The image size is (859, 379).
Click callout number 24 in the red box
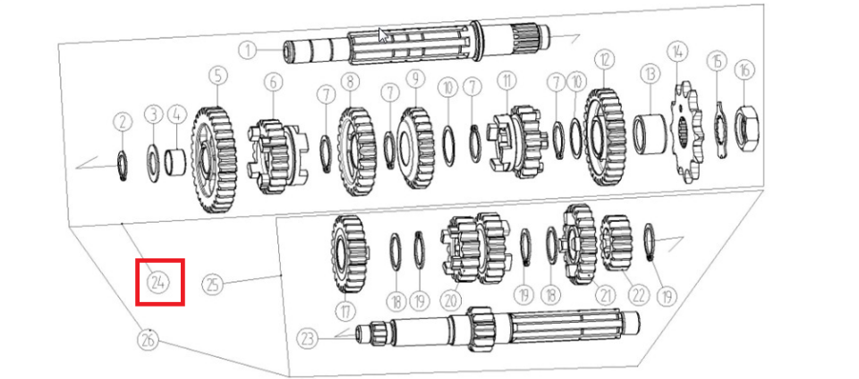pos(159,282)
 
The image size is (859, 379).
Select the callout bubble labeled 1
pos(248,51)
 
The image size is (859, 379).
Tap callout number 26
pos(147,341)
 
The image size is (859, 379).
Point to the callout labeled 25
pos(213,284)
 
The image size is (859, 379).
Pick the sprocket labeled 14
pos(685,131)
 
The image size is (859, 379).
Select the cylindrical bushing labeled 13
pos(651,134)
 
